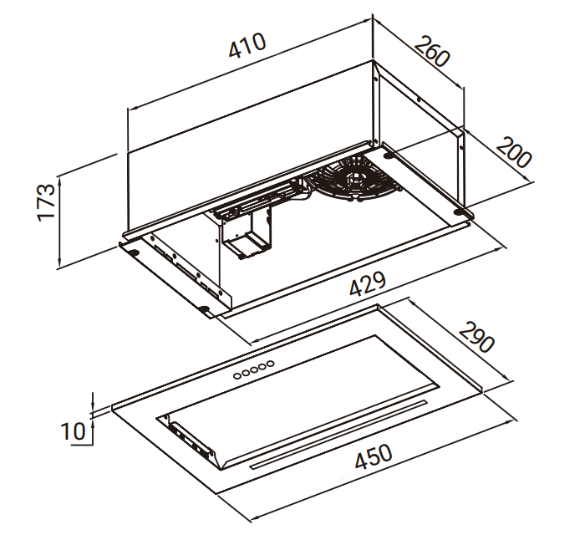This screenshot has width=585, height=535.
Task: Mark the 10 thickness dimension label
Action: [x=74, y=431]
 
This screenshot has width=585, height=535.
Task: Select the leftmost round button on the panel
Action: [x=238, y=375]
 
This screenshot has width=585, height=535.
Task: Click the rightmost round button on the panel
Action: [x=270, y=363]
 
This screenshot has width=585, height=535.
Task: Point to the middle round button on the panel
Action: [x=254, y=369]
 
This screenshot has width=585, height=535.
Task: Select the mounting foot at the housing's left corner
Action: [x=131, y=250]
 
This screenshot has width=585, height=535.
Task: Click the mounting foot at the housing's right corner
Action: [x=460, y=216]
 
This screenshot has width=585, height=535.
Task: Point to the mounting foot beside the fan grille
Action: [x=389, y=155]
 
